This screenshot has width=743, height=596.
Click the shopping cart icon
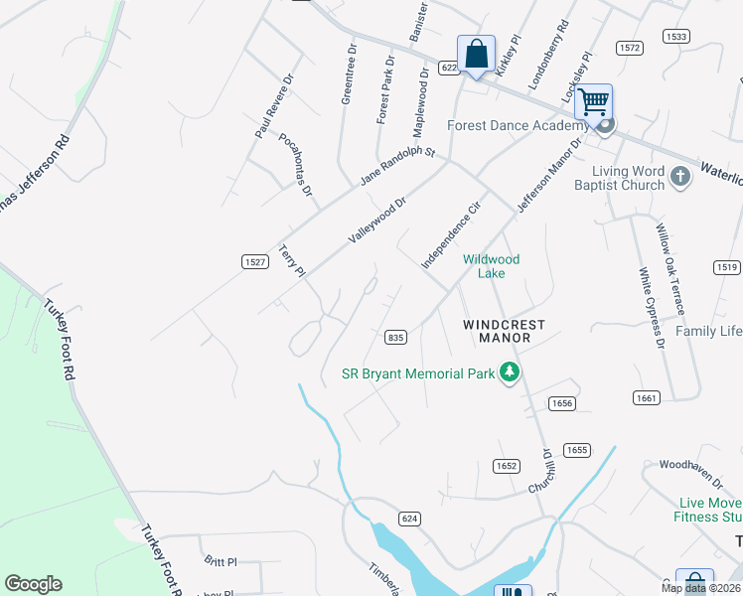click(x=593, y=101)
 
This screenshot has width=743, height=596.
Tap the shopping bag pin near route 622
click(x=476, y=54)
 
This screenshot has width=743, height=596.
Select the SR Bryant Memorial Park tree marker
click(x=510, y=373)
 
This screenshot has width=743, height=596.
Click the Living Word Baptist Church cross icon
click(x=680, y=178)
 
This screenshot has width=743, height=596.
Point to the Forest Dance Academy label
click(x=518, y=125)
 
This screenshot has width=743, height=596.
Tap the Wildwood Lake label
click(x=491, y=266)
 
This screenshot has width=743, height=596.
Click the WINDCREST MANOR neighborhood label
click(x=497, y=332)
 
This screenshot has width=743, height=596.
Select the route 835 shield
click(x=395, y=338)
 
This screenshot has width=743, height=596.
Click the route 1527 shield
click(x=254, y=261)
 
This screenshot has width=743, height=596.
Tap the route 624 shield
click(x=409, y=519)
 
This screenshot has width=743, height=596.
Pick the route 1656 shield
click(x=562, y=403)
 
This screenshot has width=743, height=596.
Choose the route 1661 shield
click(x=646, y=397)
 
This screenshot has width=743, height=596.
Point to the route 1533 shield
click(x=676, y=37)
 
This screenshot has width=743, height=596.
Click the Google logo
click(x=33, y=584)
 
